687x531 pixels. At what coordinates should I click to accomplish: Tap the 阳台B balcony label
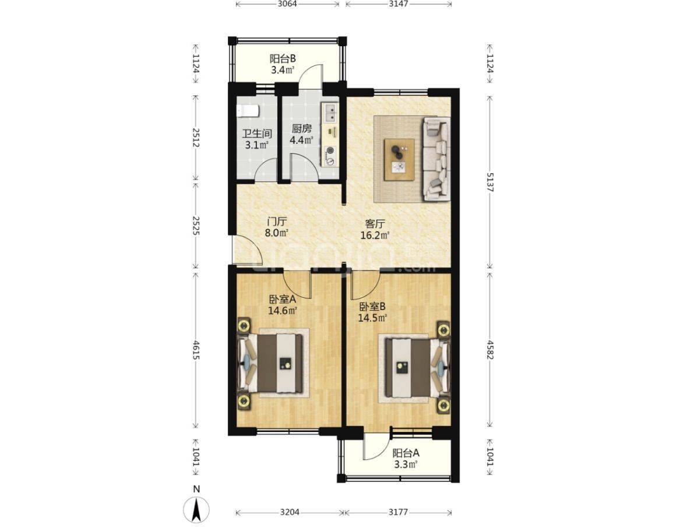(x=283, y=58)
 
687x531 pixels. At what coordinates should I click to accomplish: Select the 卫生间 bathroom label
(x=257, y=133)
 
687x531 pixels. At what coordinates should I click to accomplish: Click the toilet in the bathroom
(x=248, y=111)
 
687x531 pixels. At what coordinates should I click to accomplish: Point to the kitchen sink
(x=329, y=112)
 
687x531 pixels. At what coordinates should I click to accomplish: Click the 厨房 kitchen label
(x=301, y=129)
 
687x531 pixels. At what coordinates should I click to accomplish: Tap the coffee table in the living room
(x=399, y=159)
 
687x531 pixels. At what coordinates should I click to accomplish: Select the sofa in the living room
(x=436, y=159)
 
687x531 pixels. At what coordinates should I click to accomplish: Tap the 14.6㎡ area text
(x=283, y=311)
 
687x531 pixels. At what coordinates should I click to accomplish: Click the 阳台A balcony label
(x=406, y=453)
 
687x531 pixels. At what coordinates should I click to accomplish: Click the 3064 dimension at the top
(x=287, y=5)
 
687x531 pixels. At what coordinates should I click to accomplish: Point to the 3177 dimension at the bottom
(x=398, y=512)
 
